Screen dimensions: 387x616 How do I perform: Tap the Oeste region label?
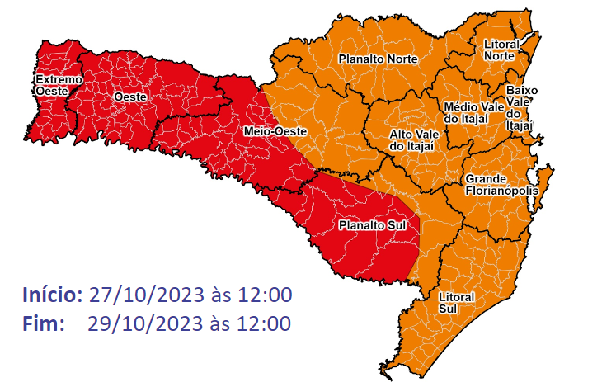tap(129, 97)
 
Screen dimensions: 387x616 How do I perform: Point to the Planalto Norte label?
tap(378, 59)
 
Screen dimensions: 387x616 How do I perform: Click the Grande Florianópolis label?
tap(501, 185)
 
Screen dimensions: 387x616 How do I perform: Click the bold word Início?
tap(52, 295)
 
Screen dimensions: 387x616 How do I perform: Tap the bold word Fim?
tap(43, 323)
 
